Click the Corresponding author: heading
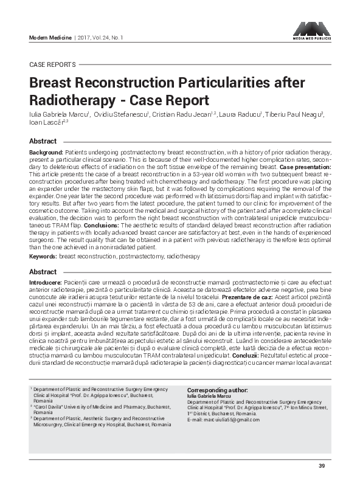pos(217,390)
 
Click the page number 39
pos(322,466)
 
